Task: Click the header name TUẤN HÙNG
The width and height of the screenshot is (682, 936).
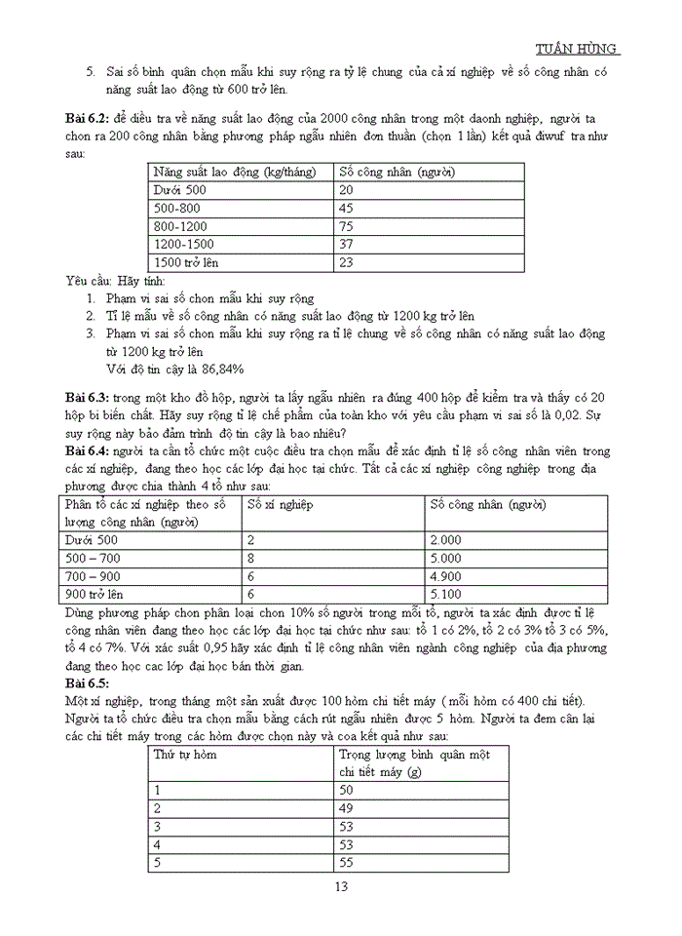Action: click(578, 50)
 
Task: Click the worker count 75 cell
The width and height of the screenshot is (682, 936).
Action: click(346, 226)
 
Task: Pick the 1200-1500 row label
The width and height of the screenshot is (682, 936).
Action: click(183, 244)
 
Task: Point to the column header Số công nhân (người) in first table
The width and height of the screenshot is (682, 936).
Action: click(397, 172)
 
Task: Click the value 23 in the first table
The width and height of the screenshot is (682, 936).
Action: click(346, 262)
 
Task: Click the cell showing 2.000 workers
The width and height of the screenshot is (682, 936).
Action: click(445, 539)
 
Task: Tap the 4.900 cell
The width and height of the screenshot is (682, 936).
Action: click(445, 575)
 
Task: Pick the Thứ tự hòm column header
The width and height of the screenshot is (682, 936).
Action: click(185, 755)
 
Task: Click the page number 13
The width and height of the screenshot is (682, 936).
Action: click(341, 886)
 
